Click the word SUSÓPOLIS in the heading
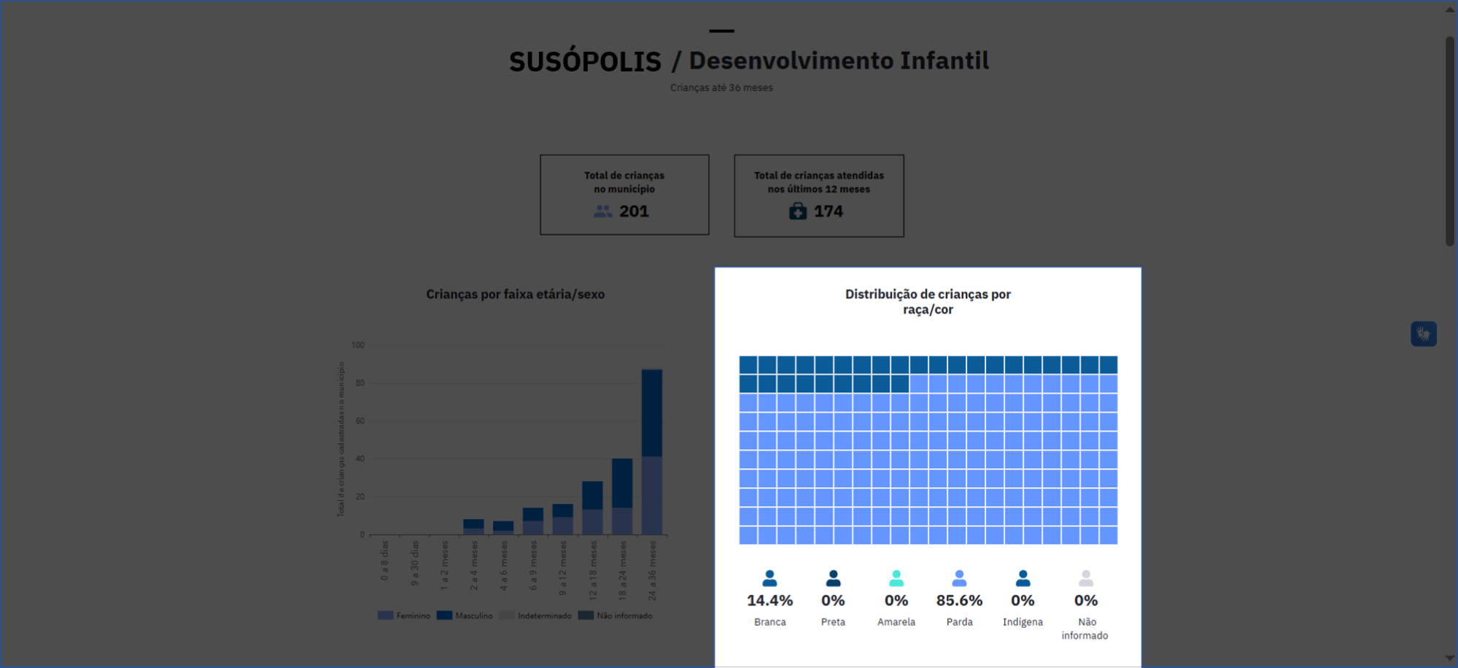tap(585, 61)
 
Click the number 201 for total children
tap(634, 211)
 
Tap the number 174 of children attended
tap(828, 211)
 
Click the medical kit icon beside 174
tap(798, 211)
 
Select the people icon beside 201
tap(602, 211)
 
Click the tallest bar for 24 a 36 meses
tap(651, 452)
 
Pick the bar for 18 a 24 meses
tap(622, 496)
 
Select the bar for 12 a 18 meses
tap(592, 508)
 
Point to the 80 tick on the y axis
tap(360, 383)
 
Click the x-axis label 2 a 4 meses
tap(474, 565)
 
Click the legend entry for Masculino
tap(465, 615)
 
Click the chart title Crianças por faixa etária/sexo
tap(515, 295)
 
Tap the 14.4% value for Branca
tap(769, 601)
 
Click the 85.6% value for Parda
tap(959, 601)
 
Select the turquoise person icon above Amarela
tap(896, 578)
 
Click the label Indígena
tap(1023, 622)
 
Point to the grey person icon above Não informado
tap(1086, 578)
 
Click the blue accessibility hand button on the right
tap(1423, 334)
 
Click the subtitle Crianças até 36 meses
tap(721, 88)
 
